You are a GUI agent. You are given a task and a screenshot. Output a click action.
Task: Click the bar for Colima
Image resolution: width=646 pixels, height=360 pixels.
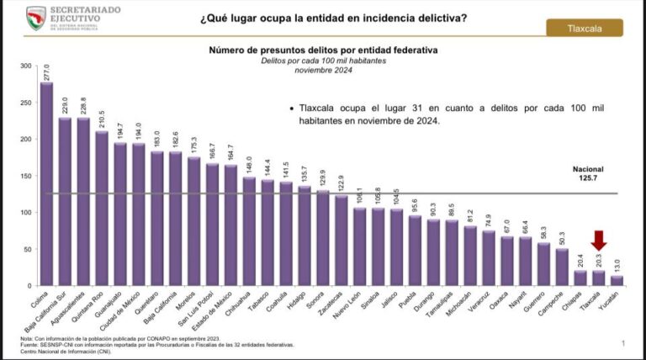[46, 184]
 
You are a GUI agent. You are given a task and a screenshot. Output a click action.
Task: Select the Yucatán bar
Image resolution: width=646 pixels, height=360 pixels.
[617, 281]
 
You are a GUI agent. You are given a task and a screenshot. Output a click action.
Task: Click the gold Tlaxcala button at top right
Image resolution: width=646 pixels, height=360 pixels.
[585, 28]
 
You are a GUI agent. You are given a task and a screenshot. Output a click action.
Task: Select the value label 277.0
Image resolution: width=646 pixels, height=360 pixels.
[46, 71]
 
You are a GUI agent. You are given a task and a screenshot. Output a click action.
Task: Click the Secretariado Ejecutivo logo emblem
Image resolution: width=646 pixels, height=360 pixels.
[36, 15]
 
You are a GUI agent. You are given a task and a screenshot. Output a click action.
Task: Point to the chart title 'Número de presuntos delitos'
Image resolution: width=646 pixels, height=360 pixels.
[323, 50]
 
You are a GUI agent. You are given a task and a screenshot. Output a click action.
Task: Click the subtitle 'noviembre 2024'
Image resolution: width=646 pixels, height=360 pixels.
[323, 70]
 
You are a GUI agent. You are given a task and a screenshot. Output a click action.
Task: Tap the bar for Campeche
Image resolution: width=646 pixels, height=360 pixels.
[561, 267]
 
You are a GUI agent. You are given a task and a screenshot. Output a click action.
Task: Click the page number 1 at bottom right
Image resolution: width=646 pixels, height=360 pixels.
[623, 343]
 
